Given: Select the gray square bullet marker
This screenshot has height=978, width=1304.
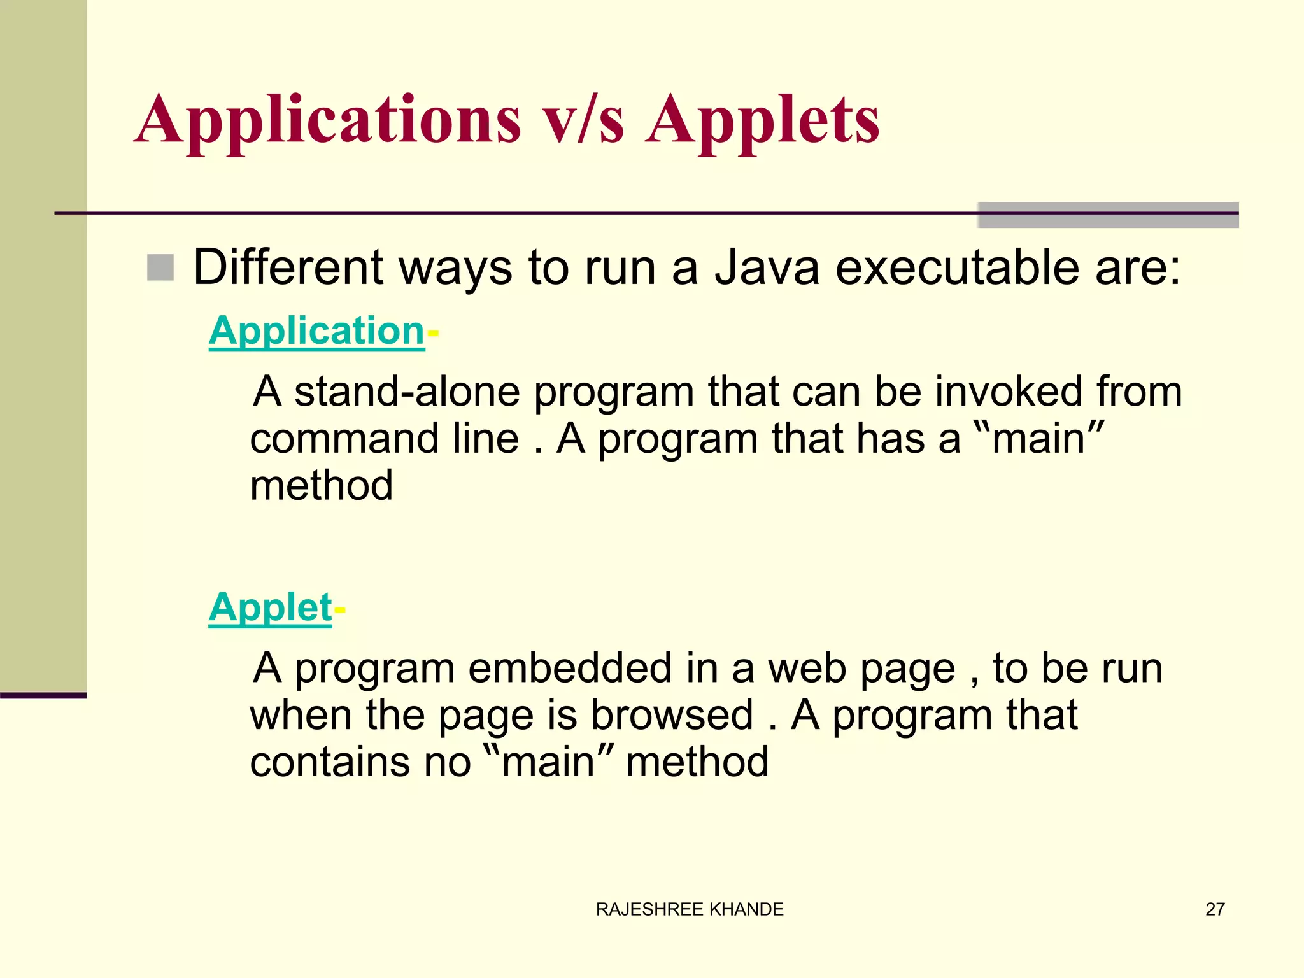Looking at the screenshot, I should click(160, 267).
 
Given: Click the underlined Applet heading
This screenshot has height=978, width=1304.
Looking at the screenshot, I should click(270, 607).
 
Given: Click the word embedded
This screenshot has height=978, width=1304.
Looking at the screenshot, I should click(570, 668).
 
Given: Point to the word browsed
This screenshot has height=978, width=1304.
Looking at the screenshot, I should click(672, 715).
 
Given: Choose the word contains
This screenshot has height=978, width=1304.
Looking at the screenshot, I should click(328, 762).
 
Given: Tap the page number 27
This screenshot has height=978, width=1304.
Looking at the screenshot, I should click(1215, 909).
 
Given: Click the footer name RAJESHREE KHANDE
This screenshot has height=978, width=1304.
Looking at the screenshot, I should click(690, 909).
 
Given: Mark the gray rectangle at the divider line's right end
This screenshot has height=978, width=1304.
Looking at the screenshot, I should click(1108, 215).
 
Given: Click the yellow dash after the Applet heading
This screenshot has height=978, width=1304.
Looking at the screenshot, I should click(339, 610).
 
